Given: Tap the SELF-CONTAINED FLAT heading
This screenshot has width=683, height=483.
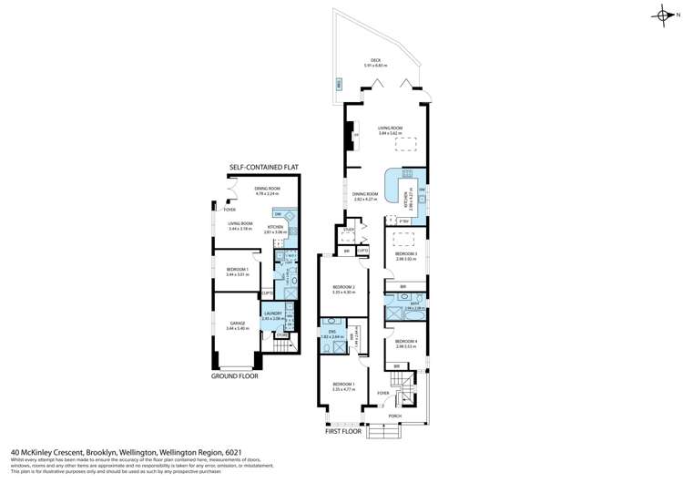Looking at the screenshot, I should (264, 168).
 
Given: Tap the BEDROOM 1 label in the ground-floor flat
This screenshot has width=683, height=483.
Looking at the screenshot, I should (237, 271).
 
